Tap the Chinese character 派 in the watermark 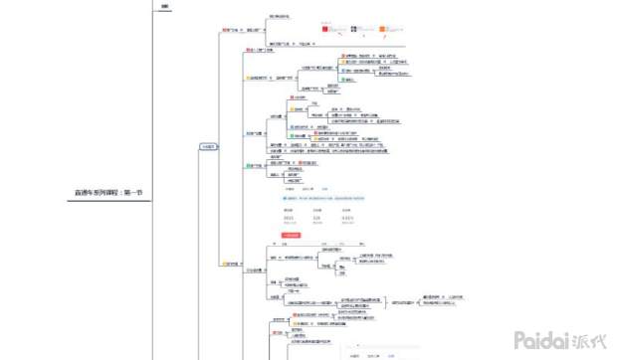point(583,339)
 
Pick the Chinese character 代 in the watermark point(601,339)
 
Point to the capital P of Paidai point(520,339)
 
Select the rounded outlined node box point(208,146)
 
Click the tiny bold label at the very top point(164,8)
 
